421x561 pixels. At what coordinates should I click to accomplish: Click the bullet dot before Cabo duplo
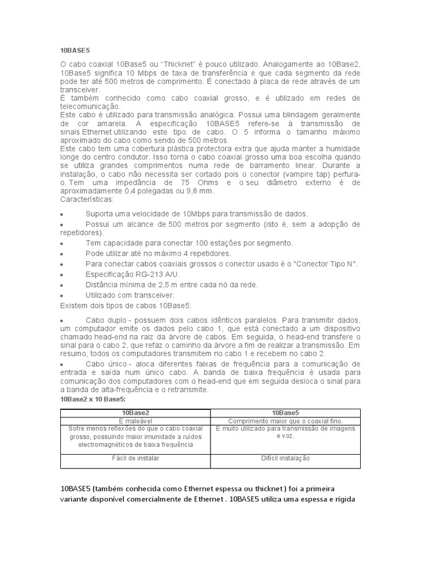[x=62, y=320]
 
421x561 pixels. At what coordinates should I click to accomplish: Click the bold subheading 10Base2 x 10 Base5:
[x=93, y=399]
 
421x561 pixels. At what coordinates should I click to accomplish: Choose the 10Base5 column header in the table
[x=285, y=412]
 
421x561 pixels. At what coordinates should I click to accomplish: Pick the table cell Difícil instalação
[x=285, y=458]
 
